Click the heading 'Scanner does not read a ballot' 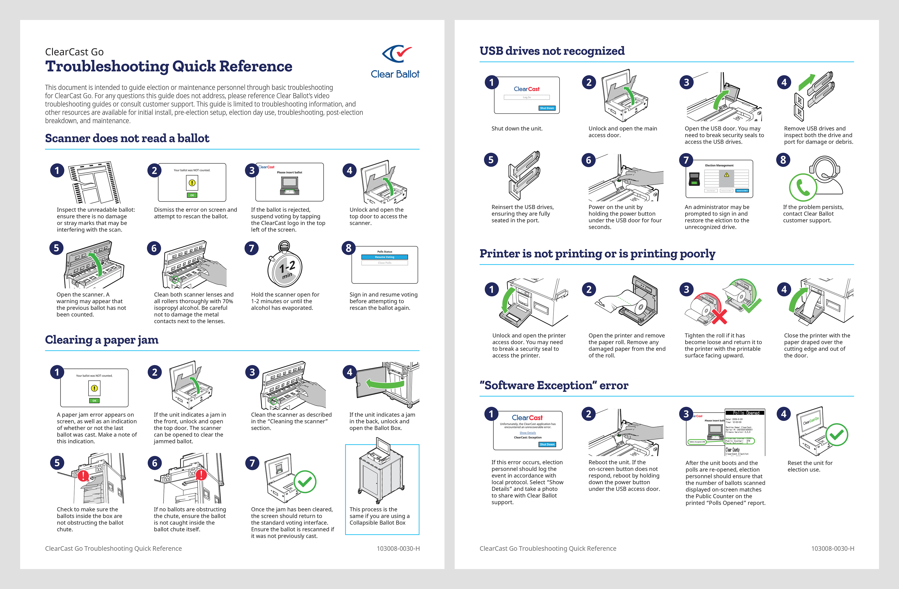[127, 138]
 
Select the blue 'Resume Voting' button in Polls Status [384, 257]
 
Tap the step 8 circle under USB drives [783, 160]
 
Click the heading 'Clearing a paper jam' [102, 340]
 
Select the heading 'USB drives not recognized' [552, 51]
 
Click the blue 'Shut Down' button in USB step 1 [547, 108]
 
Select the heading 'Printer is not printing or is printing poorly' [597, 254]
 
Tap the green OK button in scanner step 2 [192, 195]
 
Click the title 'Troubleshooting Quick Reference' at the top [169, 66]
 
